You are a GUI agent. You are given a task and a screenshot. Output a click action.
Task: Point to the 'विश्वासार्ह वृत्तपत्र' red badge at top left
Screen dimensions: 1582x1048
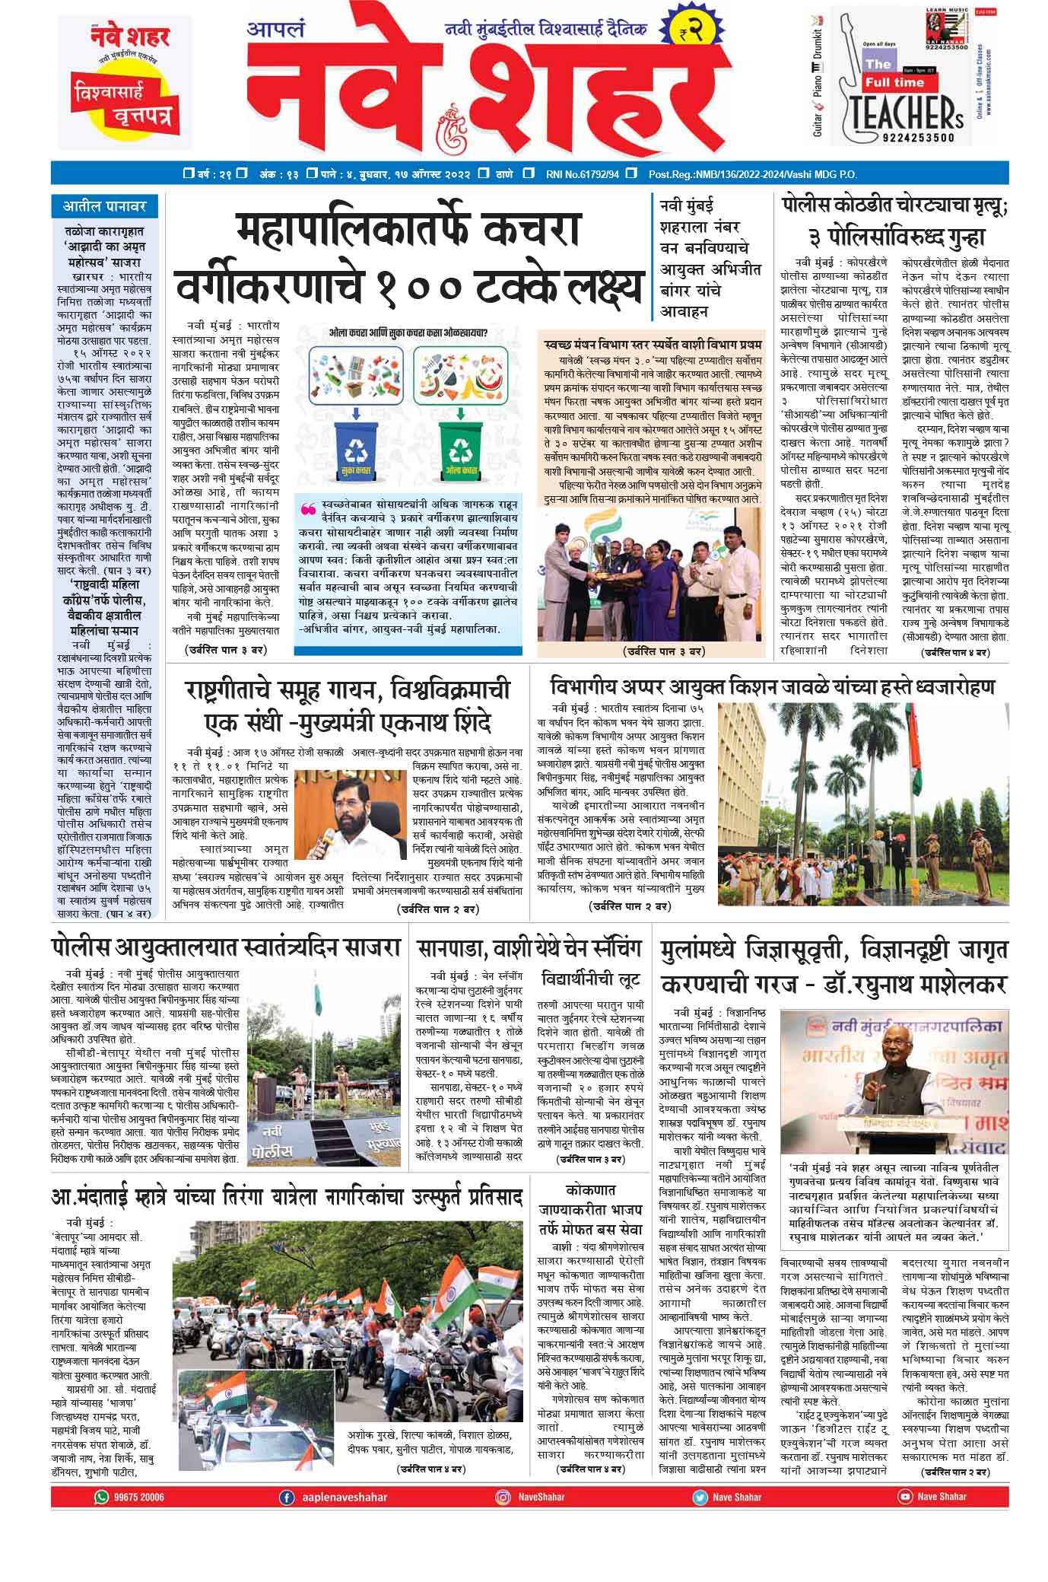pyautogui.click(x=123, y=104)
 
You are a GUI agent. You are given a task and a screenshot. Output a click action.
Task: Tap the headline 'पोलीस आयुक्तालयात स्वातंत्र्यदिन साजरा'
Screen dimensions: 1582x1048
pyautogui.click(x=226, y=948)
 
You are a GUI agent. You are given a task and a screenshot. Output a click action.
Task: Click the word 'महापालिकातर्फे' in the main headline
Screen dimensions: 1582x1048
pyautogui.click(x=408, y=231)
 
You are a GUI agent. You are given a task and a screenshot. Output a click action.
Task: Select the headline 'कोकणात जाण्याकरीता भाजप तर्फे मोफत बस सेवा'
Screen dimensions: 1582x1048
pyautogui.click(x=590, y=1208)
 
